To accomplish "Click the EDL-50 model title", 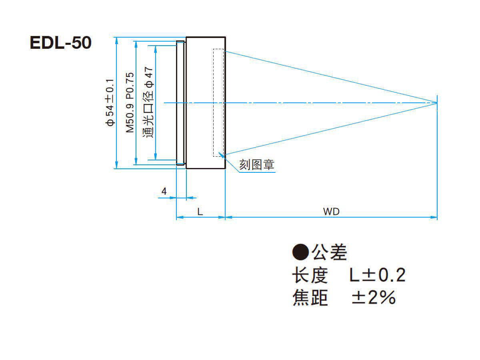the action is click(60, 43).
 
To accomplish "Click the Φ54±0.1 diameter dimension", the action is click(110, 102).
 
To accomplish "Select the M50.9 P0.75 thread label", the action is click(130, 102).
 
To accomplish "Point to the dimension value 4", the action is click(164, 191).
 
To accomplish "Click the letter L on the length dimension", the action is click(200, 212).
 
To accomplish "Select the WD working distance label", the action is click(331, 212).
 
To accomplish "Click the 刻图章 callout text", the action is click(256, 164).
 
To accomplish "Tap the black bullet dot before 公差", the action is click(300, 252).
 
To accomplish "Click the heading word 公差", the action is click(329, 252).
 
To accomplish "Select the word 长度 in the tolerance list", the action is click(310, 275).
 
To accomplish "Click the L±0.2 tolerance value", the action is click(378, 275).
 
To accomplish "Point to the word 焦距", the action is click(310, 297).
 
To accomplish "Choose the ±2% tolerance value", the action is click(374, 297).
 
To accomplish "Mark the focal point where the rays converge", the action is click(437, 103).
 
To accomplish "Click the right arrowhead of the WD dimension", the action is click(434, 217).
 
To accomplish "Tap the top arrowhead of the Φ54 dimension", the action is click(116, 41).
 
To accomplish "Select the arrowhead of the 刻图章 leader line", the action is click(221, 156).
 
